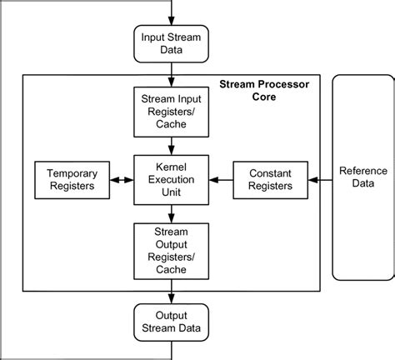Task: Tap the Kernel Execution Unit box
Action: (x=172, y=179)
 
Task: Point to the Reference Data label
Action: (x=363, y=177)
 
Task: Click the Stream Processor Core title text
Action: (x=266, y=91)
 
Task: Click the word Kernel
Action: (x=172, y=167)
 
